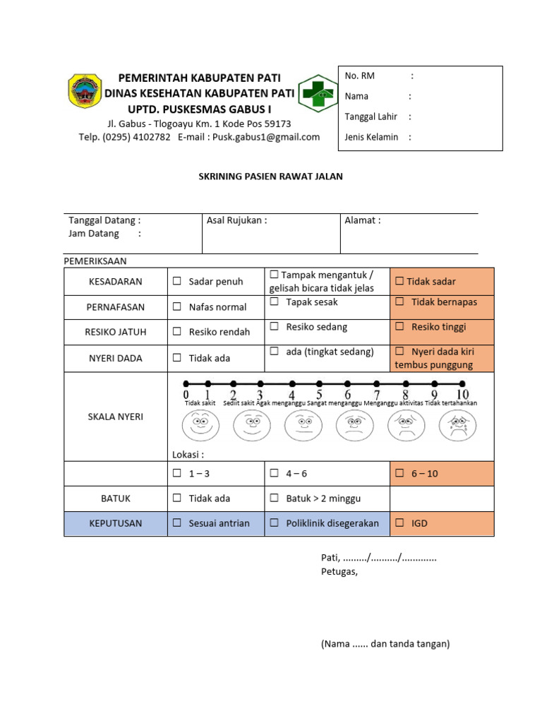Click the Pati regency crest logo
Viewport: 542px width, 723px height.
(x=85, y=91)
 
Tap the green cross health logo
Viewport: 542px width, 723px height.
(x=318, y=92)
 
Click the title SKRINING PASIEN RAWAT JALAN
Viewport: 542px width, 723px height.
(x=270, y=177)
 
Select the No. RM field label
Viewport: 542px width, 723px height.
(x=360, y=76)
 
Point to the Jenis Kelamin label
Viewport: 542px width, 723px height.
(x=371, y=138)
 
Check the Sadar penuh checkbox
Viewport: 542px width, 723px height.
(x=177, y=282)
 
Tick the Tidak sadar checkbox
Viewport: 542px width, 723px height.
(x=399, y=282)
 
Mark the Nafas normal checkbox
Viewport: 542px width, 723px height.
(x=177, y=307)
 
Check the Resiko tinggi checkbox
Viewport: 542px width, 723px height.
(x=399, y=328)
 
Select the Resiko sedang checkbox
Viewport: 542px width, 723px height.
(x=274, y=328)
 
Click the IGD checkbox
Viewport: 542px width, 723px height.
(x=399, y=523)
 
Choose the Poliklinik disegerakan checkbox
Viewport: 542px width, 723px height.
(x=274, y=523)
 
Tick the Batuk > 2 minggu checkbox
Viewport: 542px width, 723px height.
(x=274, y=498)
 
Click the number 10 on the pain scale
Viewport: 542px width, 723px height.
(x=462, y=394)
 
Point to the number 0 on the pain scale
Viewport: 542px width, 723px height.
(x=186, y=394)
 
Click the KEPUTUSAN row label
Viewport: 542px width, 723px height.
(x=116, y=523)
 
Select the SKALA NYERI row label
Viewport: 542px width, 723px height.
(x=116, y=417)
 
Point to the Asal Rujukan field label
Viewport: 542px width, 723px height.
(x=236, y=220)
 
